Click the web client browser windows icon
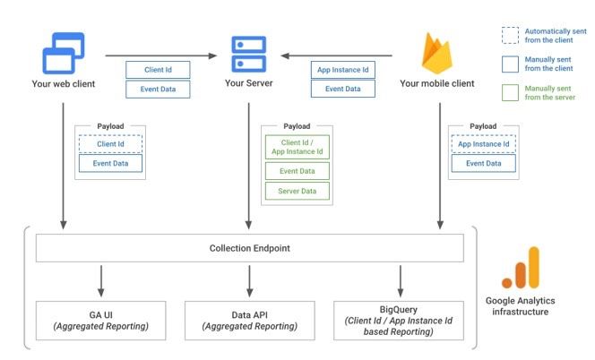coord(63,52)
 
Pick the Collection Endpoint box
coord(249,248)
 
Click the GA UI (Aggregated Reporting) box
coord(100,321)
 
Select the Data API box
coord(249,321)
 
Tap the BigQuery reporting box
coord(399,321)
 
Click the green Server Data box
coord(297,190)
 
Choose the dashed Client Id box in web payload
coord(110,143)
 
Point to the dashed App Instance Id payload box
coord(483,143)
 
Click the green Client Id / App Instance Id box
coord(297,147)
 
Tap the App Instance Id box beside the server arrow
coord(342,70)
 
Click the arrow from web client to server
coord(161,56)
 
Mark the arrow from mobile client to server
coord(341,56)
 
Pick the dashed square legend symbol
coord(510,36)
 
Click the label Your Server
coord(248,84)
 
